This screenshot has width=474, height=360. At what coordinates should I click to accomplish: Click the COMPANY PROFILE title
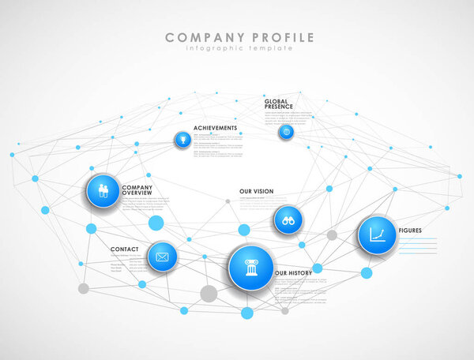coord(239,37)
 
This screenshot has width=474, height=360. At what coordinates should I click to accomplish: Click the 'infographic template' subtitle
coord(239,48)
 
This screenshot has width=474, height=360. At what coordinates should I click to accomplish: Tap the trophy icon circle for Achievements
coord(182,140)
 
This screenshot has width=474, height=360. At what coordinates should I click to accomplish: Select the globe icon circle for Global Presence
coord(285,132)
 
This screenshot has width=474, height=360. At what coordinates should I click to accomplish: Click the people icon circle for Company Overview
coord(103,191)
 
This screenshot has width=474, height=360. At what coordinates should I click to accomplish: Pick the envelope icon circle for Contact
coord(162,257)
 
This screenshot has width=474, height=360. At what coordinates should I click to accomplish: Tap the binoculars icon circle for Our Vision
coord(288,220)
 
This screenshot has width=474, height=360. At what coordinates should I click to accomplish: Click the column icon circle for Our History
coord(251,268)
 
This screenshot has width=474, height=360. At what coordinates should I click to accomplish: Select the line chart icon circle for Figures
coord(377,234)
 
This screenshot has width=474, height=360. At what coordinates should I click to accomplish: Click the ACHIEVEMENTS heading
coord(214,128)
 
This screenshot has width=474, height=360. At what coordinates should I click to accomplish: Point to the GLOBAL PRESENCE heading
coord(279,103)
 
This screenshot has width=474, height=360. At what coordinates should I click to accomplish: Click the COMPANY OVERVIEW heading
coord(137,190)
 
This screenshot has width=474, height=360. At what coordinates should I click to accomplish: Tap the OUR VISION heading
coord(256,192)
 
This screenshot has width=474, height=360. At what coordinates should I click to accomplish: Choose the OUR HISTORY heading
coord(293,273)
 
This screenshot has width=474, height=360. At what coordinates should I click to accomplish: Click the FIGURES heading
coord(410,231)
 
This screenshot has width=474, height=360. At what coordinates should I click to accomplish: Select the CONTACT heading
coord(125,249)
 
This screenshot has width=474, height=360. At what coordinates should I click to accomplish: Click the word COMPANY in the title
coord(201,37)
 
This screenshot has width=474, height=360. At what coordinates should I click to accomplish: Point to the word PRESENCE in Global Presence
coord(279,107)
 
